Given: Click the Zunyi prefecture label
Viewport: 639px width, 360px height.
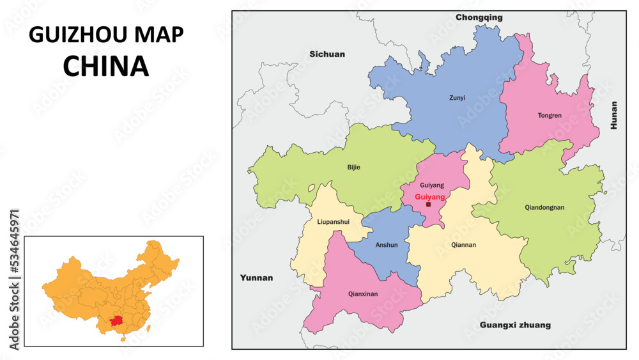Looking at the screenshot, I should (456, 98).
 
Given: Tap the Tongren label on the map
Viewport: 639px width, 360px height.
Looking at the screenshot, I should (550, 116).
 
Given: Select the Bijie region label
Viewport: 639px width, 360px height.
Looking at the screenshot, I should (353, 168).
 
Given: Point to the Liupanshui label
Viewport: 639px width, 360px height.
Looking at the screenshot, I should (333, 222).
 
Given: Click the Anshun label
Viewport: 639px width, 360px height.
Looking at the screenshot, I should (386, 245).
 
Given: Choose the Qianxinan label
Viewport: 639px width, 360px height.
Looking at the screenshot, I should (363, 294).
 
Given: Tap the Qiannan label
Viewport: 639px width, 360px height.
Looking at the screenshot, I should (463, 244).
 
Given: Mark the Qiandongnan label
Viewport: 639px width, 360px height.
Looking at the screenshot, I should (544, 207).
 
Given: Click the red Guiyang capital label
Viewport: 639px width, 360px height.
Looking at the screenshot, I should (429, 197).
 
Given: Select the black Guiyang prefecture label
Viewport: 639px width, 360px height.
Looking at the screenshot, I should (432, 185).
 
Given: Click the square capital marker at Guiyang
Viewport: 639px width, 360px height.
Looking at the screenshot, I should (428, 205).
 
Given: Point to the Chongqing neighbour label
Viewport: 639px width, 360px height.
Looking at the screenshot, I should (479, 17).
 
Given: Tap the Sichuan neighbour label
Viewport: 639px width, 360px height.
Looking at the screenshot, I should (327, 54).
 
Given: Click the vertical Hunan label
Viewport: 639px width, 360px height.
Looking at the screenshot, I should (614, 116).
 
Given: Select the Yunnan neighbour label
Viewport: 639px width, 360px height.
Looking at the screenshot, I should (256, 278).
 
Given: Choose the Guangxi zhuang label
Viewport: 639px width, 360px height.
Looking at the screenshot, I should (515, 325).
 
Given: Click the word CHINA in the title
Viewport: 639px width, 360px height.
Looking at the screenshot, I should (106, 66).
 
